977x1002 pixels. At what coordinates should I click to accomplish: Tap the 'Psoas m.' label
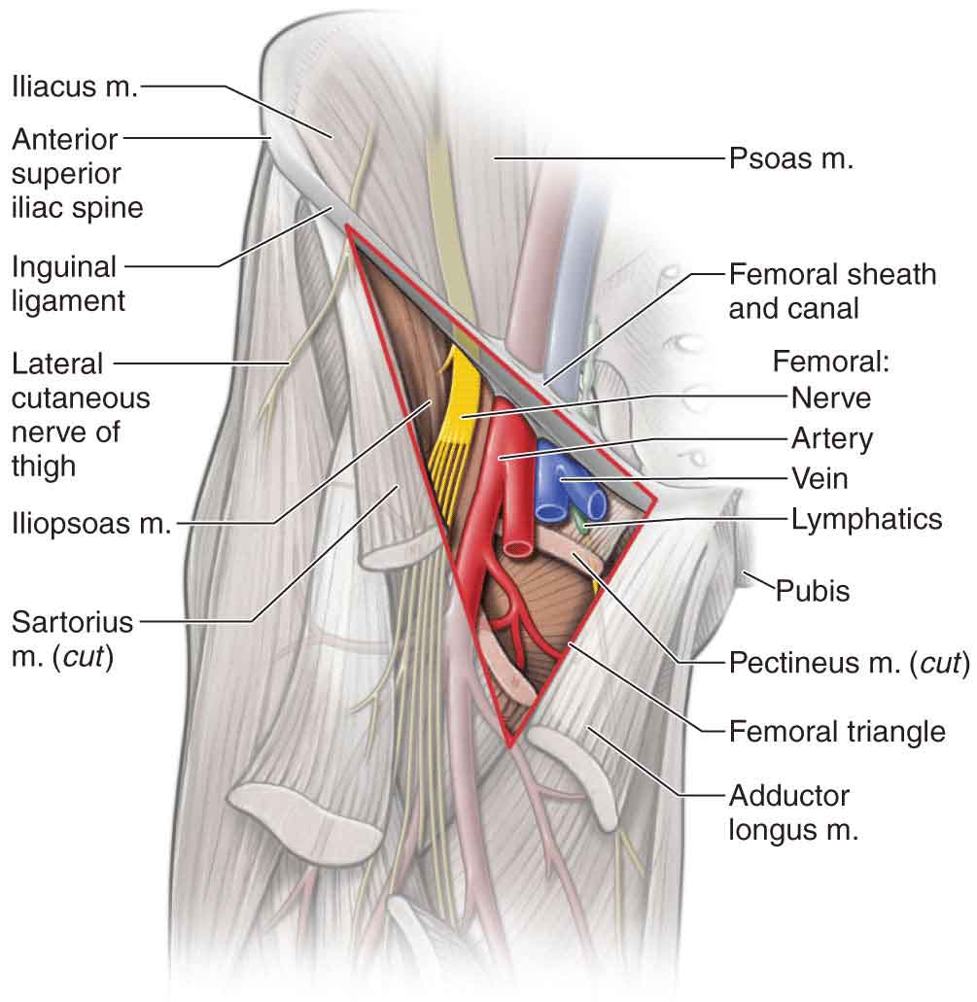point(790,158)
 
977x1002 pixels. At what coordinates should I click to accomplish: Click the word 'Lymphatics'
point(866,519)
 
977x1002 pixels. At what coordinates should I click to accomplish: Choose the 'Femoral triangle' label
point(837,731)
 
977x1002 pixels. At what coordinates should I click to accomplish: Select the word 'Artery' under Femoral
point(831,438)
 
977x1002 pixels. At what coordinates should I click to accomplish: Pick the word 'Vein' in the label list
point(820,478)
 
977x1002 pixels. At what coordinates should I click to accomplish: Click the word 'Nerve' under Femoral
point(830,397)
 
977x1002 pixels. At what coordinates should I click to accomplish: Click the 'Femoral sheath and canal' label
point(832,291)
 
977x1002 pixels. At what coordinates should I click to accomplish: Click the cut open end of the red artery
point(517,547)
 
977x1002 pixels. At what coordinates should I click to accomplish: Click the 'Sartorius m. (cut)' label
point(72,636)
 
